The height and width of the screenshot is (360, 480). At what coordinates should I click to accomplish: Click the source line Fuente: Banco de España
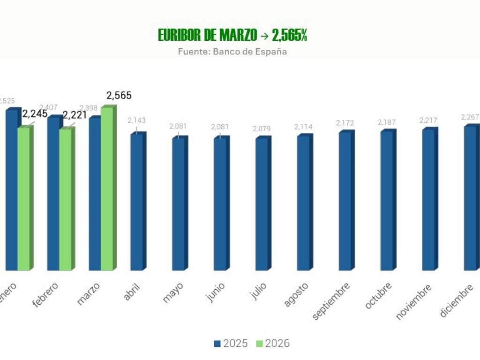tap(232, 52)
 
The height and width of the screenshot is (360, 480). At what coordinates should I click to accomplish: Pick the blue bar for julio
tap(262, 204)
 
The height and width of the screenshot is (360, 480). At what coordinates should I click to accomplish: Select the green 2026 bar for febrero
tap(65, 199)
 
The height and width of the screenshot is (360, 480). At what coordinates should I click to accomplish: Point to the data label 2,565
tap(119, 96)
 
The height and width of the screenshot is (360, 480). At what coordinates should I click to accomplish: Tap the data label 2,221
tap(75, 115)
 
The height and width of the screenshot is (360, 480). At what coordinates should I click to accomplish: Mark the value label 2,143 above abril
tap(137, 120)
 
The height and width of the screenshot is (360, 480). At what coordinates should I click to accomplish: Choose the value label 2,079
tap(262, 129)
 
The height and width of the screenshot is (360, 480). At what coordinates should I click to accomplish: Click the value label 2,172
tap(345, 123)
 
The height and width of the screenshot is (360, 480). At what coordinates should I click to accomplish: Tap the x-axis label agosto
tap(296, 295)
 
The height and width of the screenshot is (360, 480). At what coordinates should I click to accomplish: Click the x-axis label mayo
tap(173, 292)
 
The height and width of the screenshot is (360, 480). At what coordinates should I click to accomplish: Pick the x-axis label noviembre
tap(413, 302)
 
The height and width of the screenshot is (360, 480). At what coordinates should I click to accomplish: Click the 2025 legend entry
tap(231, 344)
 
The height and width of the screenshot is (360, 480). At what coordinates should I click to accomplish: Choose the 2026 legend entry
tap(273, 344)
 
